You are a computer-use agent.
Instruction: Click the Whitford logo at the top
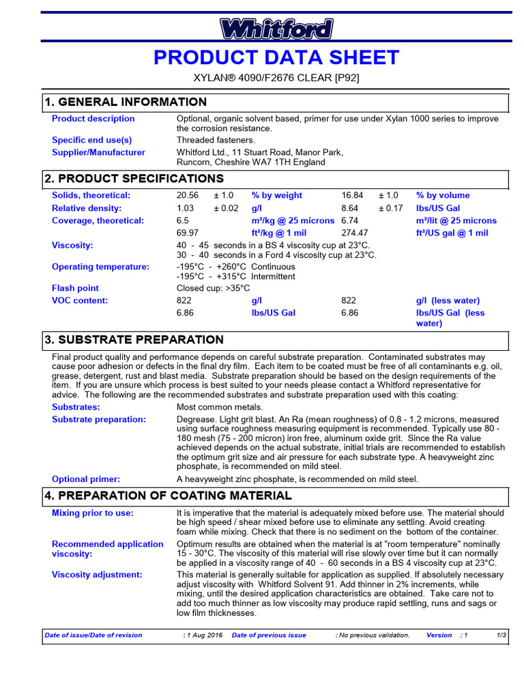[276, 29]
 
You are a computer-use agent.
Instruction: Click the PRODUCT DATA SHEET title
[276, 58]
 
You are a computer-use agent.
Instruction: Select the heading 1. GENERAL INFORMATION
[125, 102]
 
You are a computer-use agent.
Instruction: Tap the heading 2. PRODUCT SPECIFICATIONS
[134, 179]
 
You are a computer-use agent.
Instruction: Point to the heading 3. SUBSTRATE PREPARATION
[134, 340]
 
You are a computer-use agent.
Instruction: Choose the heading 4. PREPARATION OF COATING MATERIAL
[168, 496]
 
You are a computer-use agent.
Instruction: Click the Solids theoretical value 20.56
[188, 195]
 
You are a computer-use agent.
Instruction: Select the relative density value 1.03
[185, 208]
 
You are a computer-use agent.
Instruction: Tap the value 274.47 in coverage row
[354, 233]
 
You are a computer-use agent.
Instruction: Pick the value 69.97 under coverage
[188, 233]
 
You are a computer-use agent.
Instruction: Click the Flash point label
[75, 288]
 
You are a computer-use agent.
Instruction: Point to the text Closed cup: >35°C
[213, 288]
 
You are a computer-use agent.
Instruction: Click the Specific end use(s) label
[91, 140]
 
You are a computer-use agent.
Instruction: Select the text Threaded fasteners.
[216, 140]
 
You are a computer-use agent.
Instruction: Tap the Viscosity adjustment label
[97, 575]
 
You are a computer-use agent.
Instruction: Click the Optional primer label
[86, 479]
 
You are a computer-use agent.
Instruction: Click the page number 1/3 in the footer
[501, 636]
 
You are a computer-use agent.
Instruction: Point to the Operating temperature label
[100, 267]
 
